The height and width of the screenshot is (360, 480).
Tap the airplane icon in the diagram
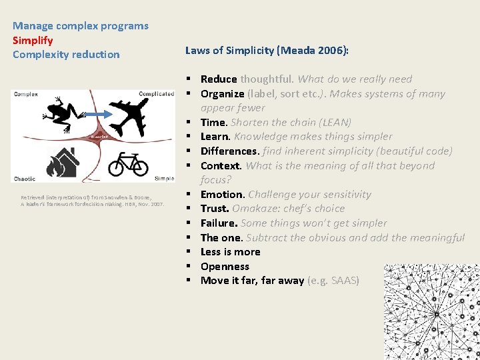pos(137,117)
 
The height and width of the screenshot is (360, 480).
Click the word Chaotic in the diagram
pos(25,179)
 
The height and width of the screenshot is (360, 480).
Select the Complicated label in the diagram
pos(156,94)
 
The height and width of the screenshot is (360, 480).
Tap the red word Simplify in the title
pos(33,40)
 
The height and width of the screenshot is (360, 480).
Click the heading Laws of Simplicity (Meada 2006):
pos(267,49)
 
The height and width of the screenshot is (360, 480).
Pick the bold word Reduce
pos(219,79)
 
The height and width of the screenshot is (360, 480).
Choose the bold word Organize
pos(223,94)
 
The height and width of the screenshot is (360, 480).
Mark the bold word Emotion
pos(223,195)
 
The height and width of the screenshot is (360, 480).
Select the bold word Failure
pos(219,223)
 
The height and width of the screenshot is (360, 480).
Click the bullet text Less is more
pos(231,252)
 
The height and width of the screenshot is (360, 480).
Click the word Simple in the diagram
pos(164,179)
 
